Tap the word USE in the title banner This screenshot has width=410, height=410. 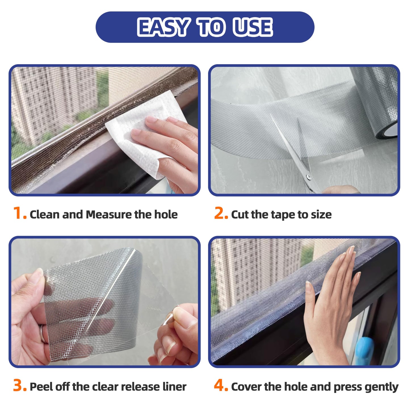click(x=252, y=27)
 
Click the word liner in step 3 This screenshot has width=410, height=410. click(x=174, y=387)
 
